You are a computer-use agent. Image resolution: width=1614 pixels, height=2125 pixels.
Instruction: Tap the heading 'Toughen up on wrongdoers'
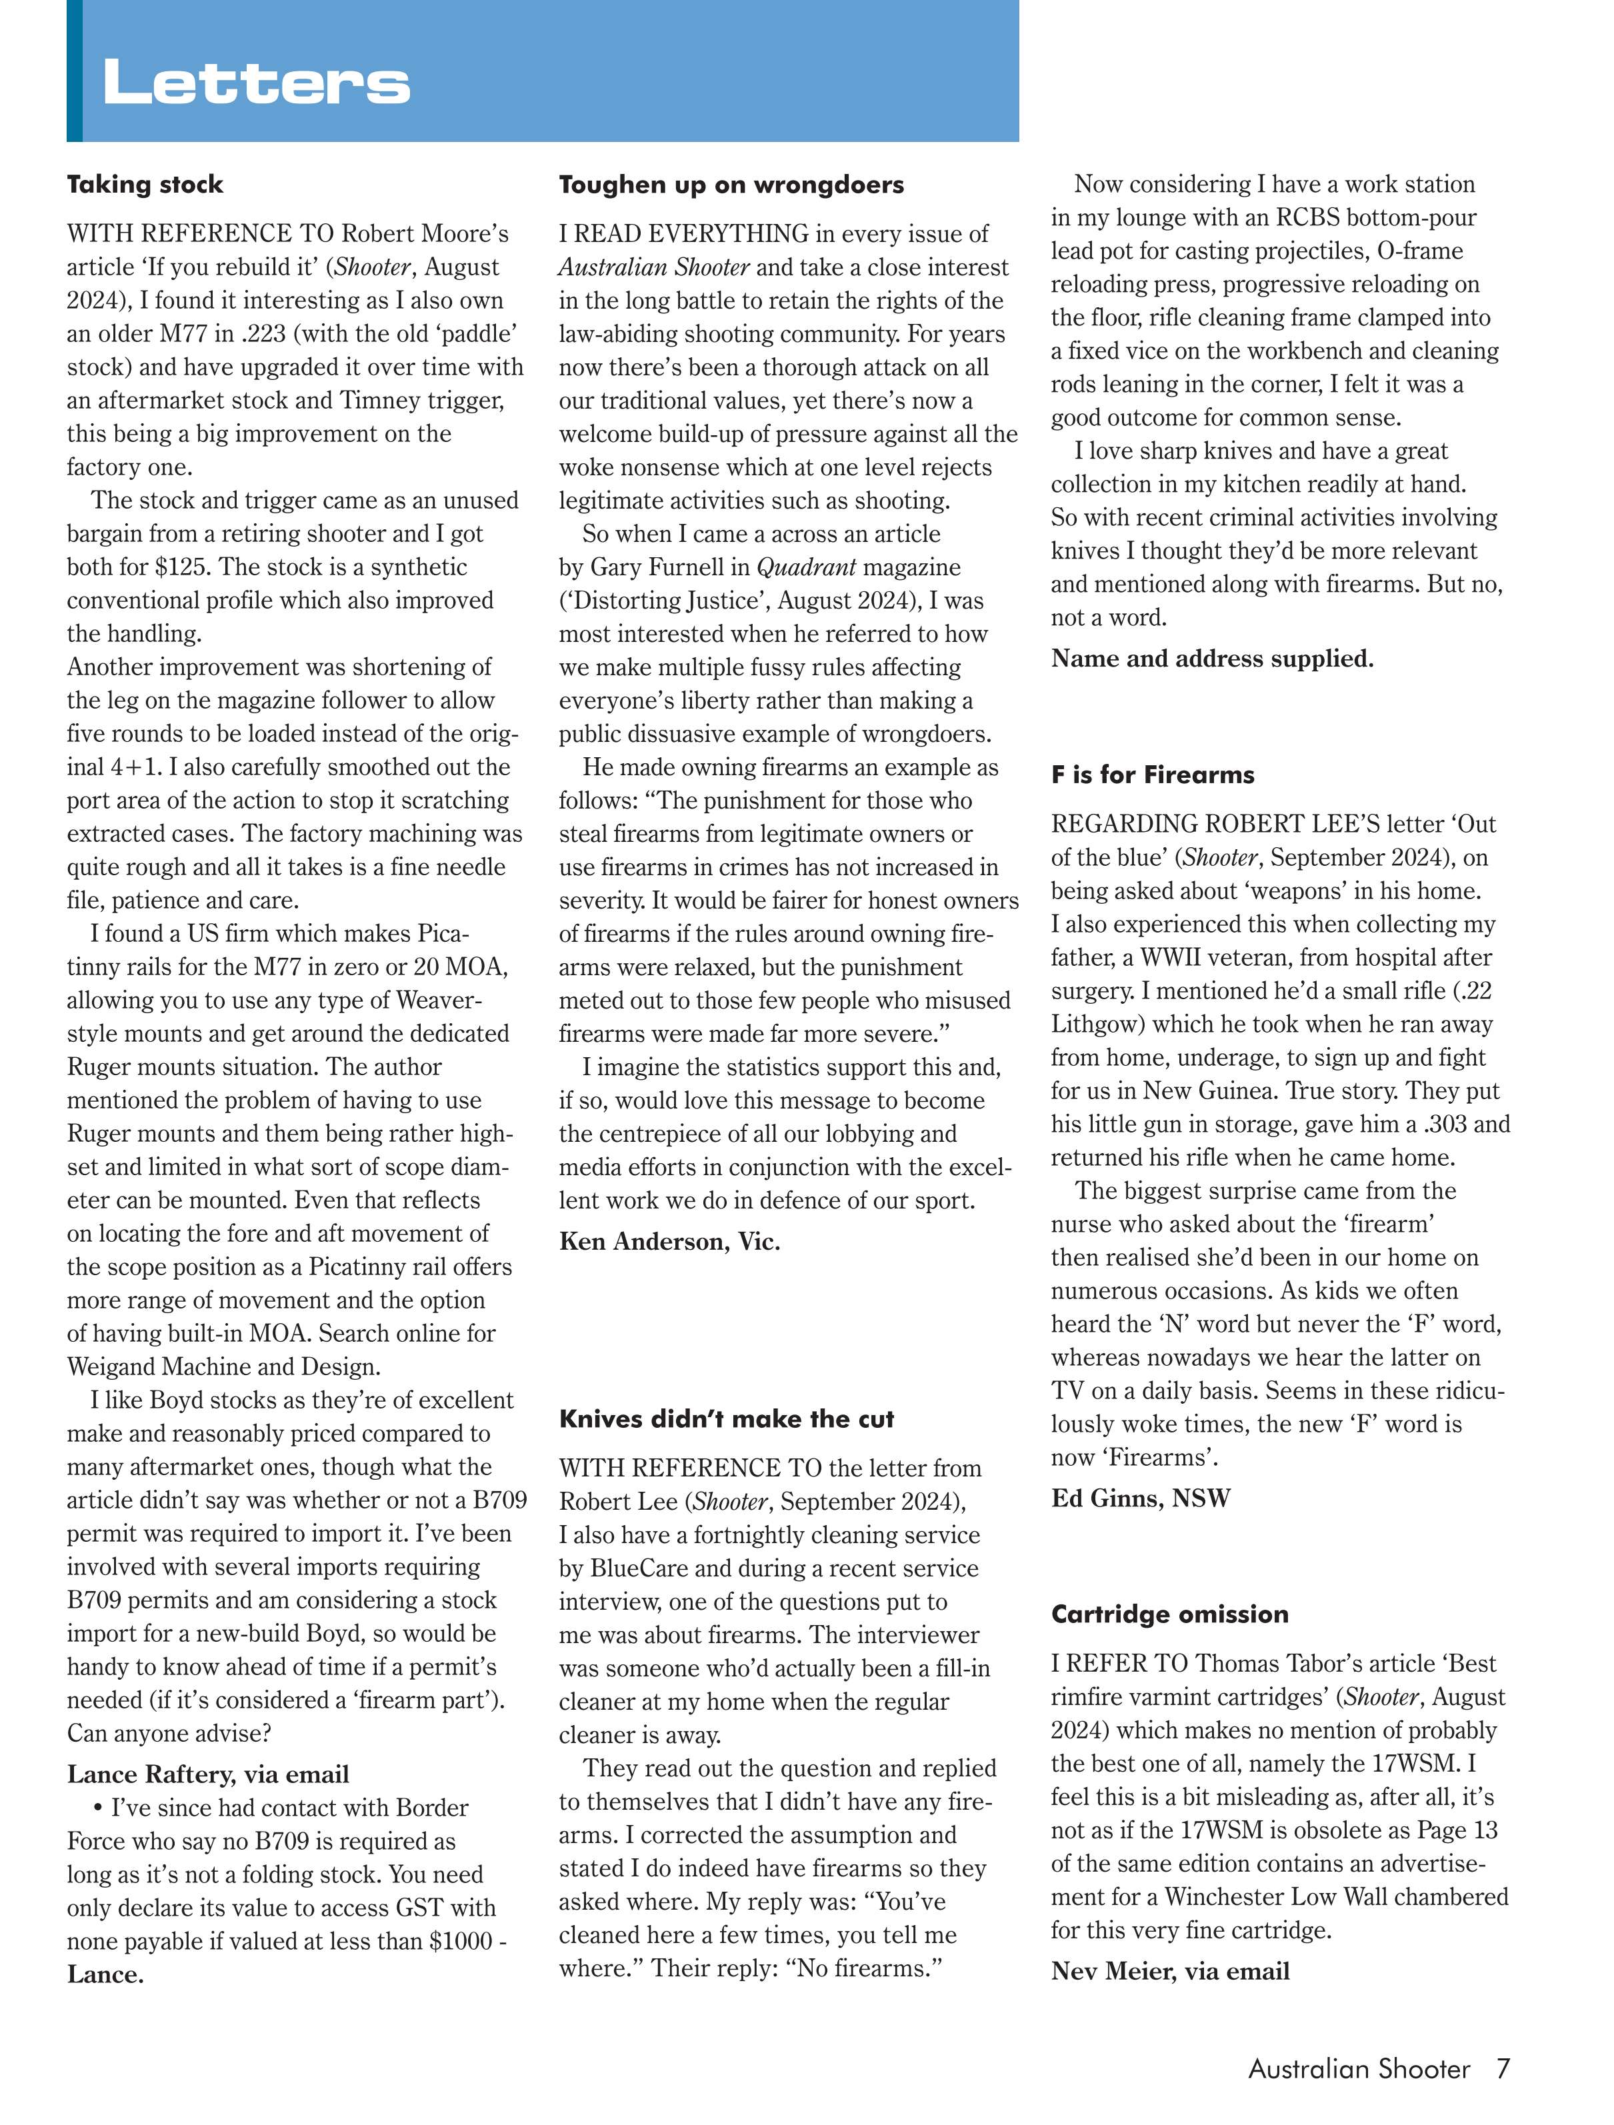coord(731,185)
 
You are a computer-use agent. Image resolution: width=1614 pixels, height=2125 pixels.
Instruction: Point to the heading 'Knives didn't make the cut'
coord(726,1419)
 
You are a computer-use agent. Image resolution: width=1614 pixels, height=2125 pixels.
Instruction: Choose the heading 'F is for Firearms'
coord(1152,775)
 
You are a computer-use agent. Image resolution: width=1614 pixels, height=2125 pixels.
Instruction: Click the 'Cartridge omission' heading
coord(1169,1614)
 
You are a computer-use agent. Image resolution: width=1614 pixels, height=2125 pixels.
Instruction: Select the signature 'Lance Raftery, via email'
coord(207,1774)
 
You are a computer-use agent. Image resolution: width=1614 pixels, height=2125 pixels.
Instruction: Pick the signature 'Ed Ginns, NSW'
coord(1141,1498)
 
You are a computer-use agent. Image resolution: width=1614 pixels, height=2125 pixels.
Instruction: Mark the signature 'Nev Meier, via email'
coord(1170,1970)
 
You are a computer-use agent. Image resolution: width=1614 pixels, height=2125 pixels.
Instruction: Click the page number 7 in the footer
coord(1503,2068)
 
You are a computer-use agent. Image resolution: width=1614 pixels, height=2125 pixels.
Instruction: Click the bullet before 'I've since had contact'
coord(98,1808)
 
